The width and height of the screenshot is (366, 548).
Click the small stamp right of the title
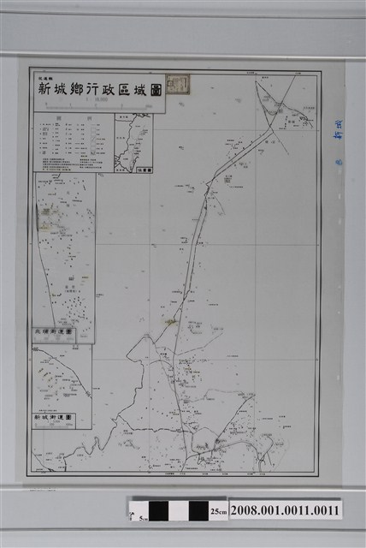pyautogui.click(x=180, y=83)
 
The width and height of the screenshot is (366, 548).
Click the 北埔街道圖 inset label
pyautogui.click(x=55, y=331)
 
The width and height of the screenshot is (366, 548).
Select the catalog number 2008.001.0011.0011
pyautogui.click(x=284, y=510)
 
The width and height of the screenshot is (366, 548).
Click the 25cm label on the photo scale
pyautogui.click(x=219, y=512)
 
